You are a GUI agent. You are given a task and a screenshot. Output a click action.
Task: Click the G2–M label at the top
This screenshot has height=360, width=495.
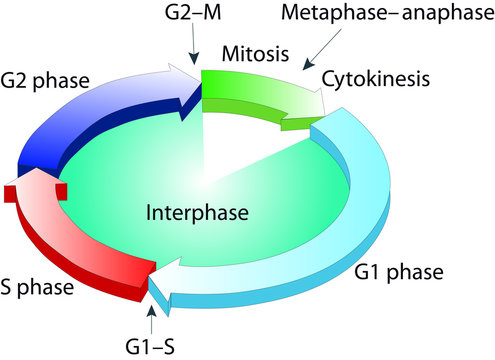coord(192,16)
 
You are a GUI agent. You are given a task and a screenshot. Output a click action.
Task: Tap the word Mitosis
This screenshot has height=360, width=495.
coord(249,51)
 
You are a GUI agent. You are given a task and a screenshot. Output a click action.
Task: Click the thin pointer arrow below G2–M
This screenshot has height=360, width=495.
coord(193,46)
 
